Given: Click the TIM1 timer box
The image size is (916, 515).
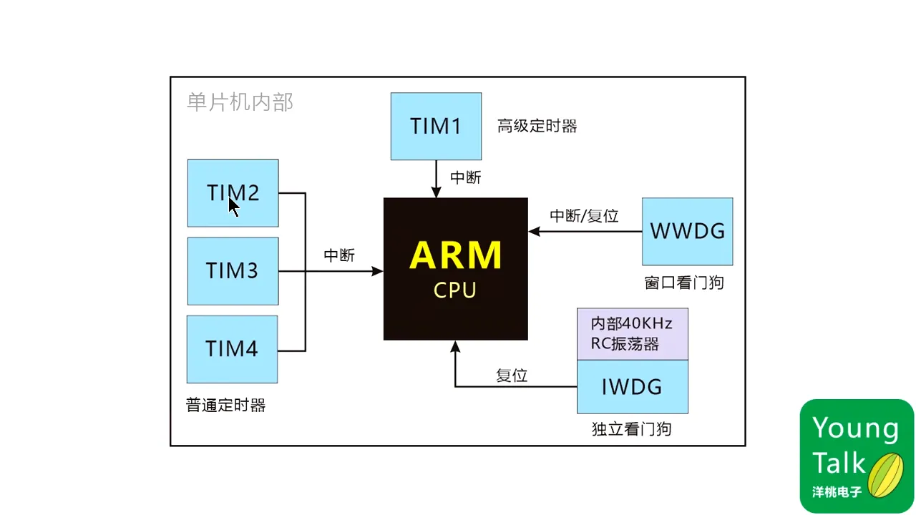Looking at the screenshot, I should tap(436, 126).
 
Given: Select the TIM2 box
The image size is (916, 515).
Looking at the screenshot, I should tap(233, 193).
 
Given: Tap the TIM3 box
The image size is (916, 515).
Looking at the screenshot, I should tap(233, 271).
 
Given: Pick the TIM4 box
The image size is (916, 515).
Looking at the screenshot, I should tap(233, 349).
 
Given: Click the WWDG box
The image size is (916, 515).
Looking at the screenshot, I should tap(687, 231).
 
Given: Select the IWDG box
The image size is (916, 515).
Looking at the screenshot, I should tap(632, 387).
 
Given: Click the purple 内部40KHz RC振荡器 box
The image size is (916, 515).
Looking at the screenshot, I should tap(632, 333).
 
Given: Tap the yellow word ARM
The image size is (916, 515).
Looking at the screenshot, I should tap(455, 256).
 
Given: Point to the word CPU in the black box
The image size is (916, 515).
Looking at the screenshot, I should tap(455, 291).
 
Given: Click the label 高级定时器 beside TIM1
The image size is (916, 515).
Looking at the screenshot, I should tap(537, 127).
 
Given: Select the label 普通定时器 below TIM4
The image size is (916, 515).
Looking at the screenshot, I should tap(225, 406).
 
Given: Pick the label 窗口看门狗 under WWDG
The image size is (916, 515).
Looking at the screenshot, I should tap(683, 283).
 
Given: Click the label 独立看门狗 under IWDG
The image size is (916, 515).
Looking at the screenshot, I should tap(631, 429).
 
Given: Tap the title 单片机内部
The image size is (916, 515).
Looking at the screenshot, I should tap(240, 102).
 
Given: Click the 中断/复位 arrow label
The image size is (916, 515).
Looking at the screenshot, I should tap(583, 216).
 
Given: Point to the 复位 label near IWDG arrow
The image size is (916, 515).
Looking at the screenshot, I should tap(512, 376).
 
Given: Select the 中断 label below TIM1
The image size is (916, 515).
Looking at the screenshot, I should tap(465, 178).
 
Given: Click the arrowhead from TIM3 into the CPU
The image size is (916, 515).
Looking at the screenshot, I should tap(377, 271).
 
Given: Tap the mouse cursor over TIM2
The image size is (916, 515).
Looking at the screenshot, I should tap(234, 207).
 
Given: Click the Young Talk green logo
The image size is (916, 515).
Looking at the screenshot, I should tap(857, 456).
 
